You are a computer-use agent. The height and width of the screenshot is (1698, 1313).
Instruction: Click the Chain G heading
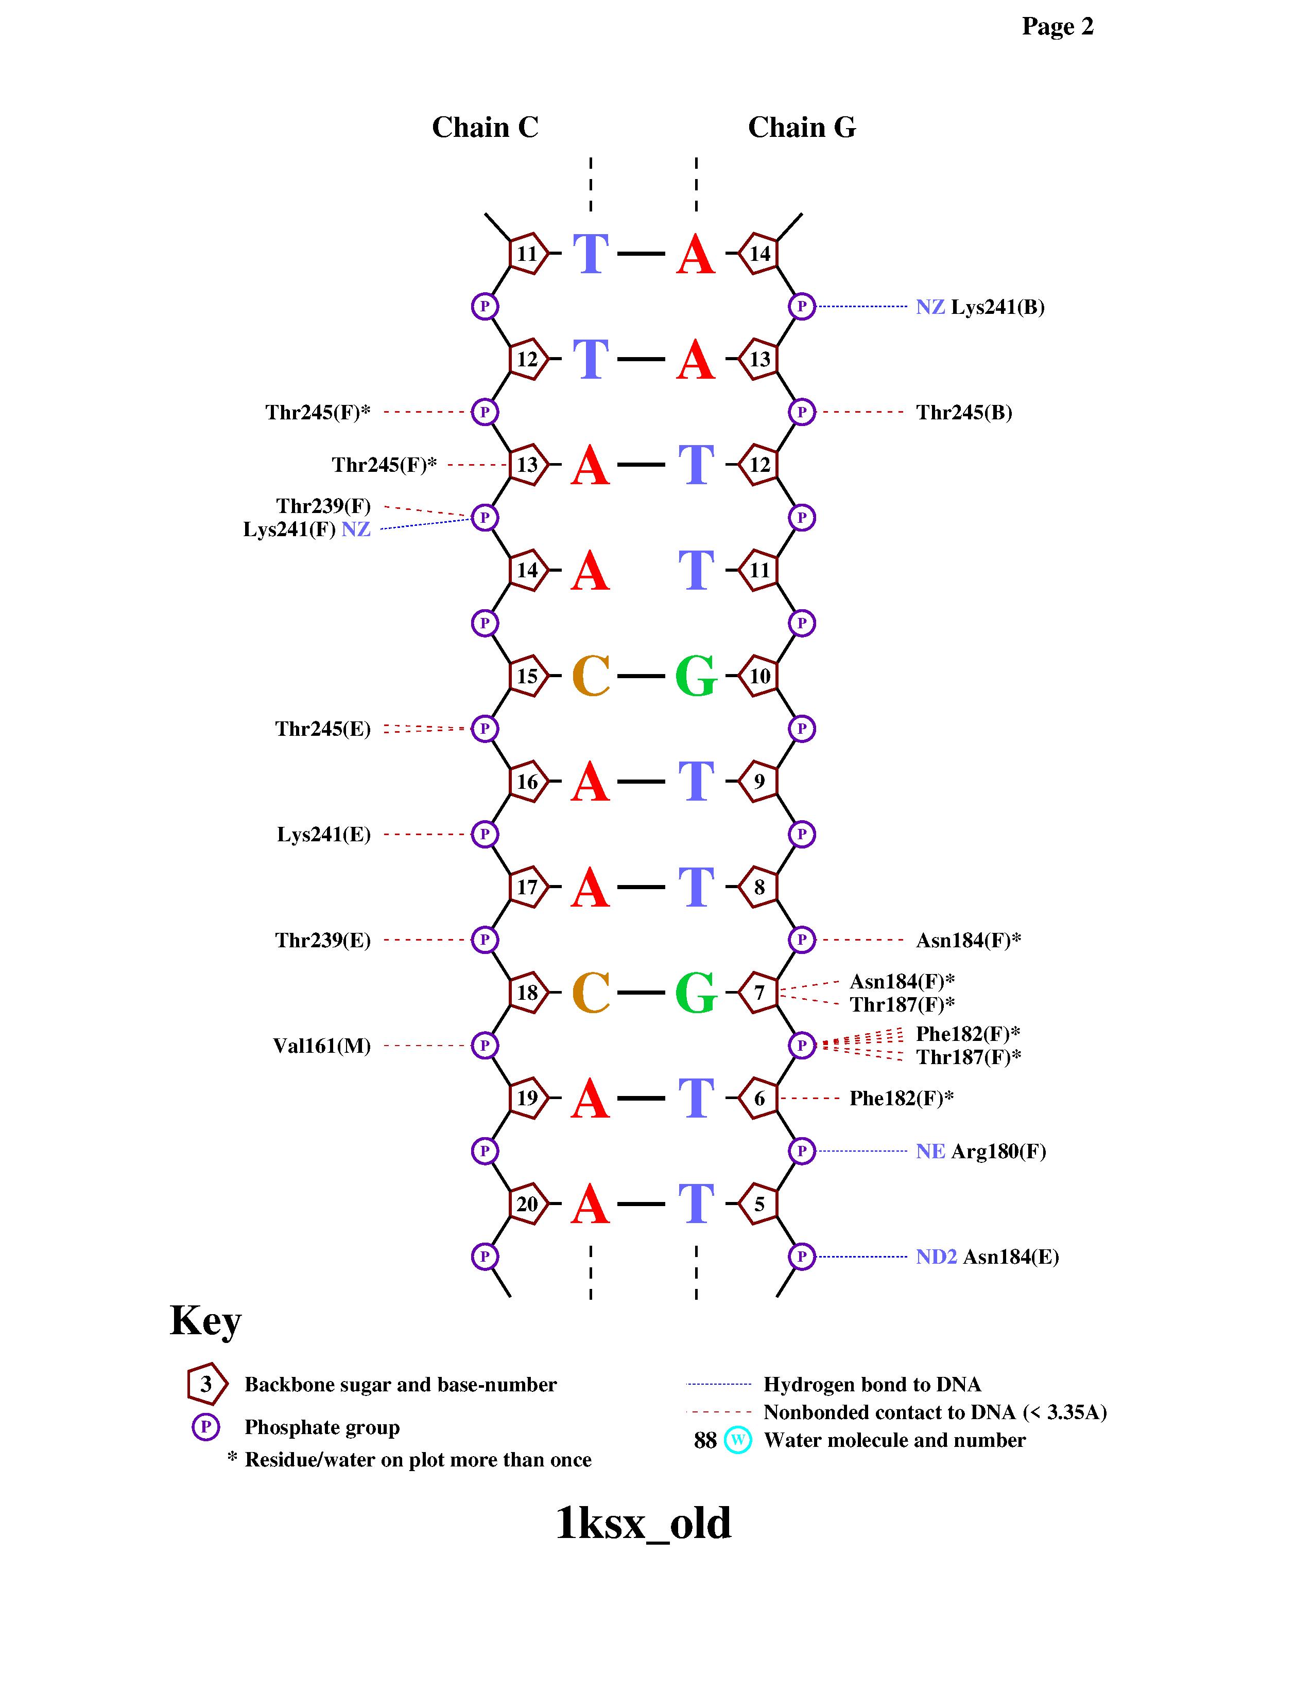[801, 128]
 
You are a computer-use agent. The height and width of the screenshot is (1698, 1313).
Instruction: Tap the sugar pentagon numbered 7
[758, 993]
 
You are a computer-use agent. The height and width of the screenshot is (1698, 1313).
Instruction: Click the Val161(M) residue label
[321, 1046]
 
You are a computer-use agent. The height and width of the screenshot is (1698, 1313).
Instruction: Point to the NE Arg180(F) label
[980, 1152]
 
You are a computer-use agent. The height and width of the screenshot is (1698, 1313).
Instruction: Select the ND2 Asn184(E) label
[987, 1257]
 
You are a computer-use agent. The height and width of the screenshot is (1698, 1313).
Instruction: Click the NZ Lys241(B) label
[979, 307]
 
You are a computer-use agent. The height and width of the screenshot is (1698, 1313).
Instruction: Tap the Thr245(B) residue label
[964, 412]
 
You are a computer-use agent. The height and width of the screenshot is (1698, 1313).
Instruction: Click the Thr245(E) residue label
[323, 729]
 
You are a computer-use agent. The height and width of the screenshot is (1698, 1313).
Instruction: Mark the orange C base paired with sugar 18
[591, 993]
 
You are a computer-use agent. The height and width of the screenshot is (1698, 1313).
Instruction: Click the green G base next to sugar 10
[696, 676]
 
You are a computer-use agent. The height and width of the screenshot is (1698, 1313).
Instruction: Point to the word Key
[205, 1320]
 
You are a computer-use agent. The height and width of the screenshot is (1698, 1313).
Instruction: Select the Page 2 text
[1057, 26]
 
